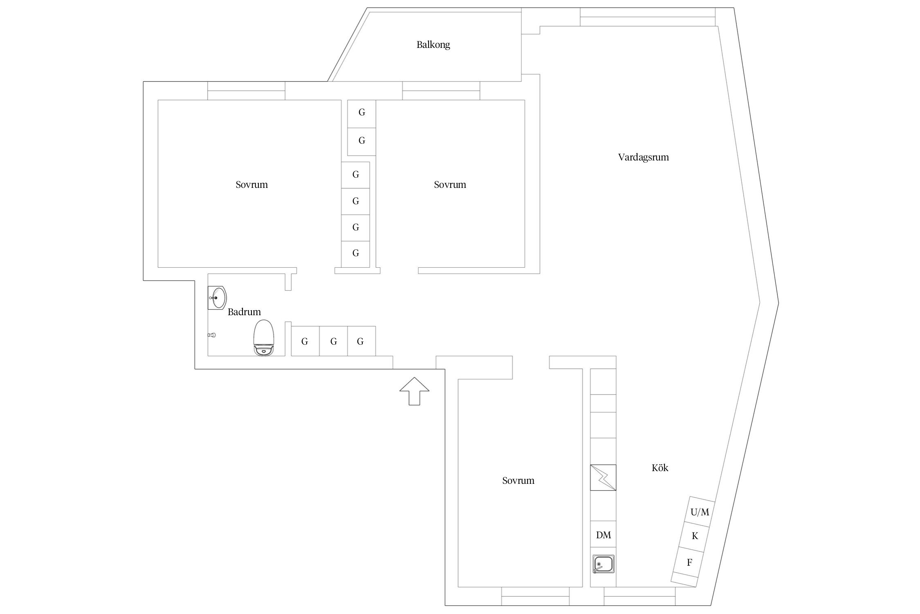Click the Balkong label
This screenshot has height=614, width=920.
433,45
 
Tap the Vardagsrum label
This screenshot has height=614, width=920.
643,157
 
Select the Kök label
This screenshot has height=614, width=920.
660,468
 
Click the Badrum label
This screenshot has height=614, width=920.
244,312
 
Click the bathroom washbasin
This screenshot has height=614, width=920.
217,298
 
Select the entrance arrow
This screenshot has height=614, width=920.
414,391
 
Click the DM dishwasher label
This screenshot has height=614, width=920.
604,535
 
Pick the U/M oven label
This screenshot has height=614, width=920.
700,512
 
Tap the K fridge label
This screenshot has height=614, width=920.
695,536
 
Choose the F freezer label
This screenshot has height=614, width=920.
689,562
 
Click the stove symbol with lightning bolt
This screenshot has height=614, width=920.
603,477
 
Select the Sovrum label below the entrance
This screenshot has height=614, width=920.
518,481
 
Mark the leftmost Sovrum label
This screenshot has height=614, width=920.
251,185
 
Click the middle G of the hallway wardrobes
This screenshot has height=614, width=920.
333,341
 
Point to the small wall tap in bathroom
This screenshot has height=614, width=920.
211,335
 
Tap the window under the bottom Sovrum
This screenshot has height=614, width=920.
535,596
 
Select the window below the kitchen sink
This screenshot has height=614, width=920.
640,596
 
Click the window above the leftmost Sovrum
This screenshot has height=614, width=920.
246,91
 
